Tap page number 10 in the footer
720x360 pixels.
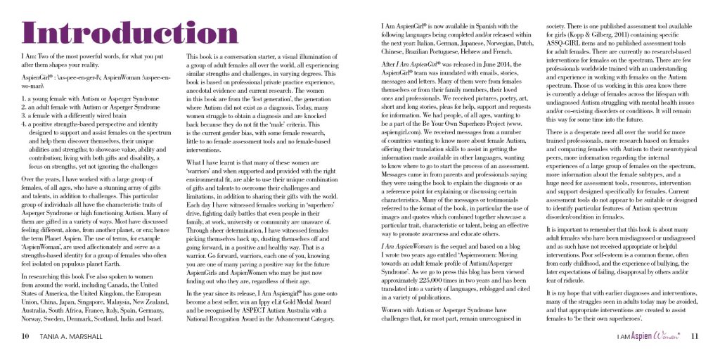25,335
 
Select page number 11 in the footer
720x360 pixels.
694,335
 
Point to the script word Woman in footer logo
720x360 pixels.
665,335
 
